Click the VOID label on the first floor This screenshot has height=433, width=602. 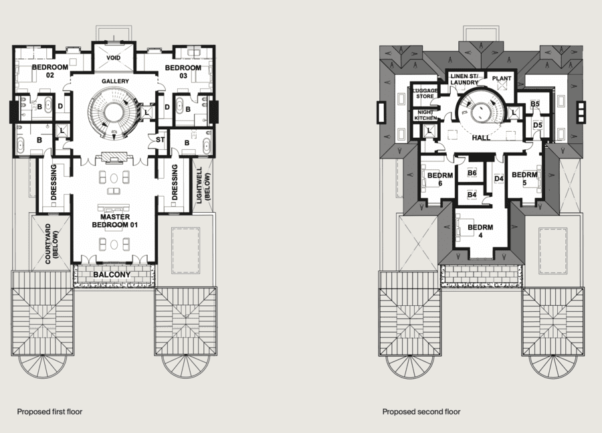click(x=114, y=58)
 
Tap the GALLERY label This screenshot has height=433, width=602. click(x=115, y=81)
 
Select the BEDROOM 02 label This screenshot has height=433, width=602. click(x=50, y=71)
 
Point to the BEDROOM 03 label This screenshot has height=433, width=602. click(x=183, y=72)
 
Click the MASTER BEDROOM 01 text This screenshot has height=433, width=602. click(x=115, y=221)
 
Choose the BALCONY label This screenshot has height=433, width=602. click(x=112, y=274)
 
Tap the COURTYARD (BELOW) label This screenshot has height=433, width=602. click(x=52, y=244)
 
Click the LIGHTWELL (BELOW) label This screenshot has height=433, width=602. click(x=203, y=185)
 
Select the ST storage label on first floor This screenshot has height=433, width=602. click(x=160, y=140)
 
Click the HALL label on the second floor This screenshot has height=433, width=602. click(x=481, y=138)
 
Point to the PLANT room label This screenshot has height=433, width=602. click(x=502, y=78)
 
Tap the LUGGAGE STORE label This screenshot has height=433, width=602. click(x=425, y=94)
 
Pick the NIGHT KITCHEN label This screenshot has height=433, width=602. click(x=425, y=115)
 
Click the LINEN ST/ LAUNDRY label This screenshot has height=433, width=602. click(x=464, y=79)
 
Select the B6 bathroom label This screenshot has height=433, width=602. click(x=472, y=173)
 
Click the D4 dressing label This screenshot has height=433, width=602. click(x=499, y=179)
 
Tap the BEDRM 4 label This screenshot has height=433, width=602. click(x=480, y=232)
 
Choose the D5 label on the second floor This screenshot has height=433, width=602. click(x=538, y=125)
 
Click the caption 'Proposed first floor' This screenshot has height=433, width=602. click(x=50, y=412)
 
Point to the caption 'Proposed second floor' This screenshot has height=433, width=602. click(x=421, y=412)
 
